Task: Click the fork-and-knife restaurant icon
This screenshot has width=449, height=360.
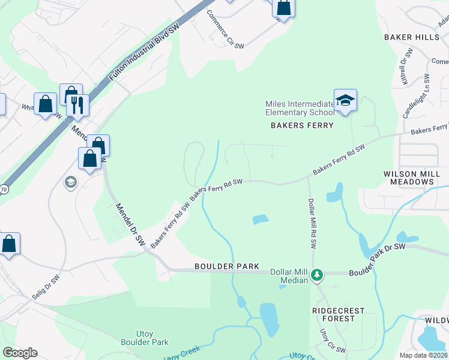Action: tap(77, 105)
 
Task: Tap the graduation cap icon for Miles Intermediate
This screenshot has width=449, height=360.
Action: tap(345, 100)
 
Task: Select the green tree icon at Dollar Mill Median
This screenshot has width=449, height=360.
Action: tap(318, 275)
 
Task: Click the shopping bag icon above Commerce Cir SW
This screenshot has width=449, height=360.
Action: tap(283, 8)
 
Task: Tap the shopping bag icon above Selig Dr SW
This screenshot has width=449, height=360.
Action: tap(9, 244)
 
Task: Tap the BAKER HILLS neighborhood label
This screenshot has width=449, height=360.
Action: tap(412, 37)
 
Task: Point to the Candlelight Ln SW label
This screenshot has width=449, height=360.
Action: tap(416, 96)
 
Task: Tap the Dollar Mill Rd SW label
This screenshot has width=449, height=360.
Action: tap(312, 223)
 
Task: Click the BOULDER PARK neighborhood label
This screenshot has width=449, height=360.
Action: tap(226, 266)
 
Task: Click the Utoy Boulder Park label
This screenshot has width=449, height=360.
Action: tap(144, 337)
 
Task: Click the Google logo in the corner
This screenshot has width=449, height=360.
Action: tap(20, 353)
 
